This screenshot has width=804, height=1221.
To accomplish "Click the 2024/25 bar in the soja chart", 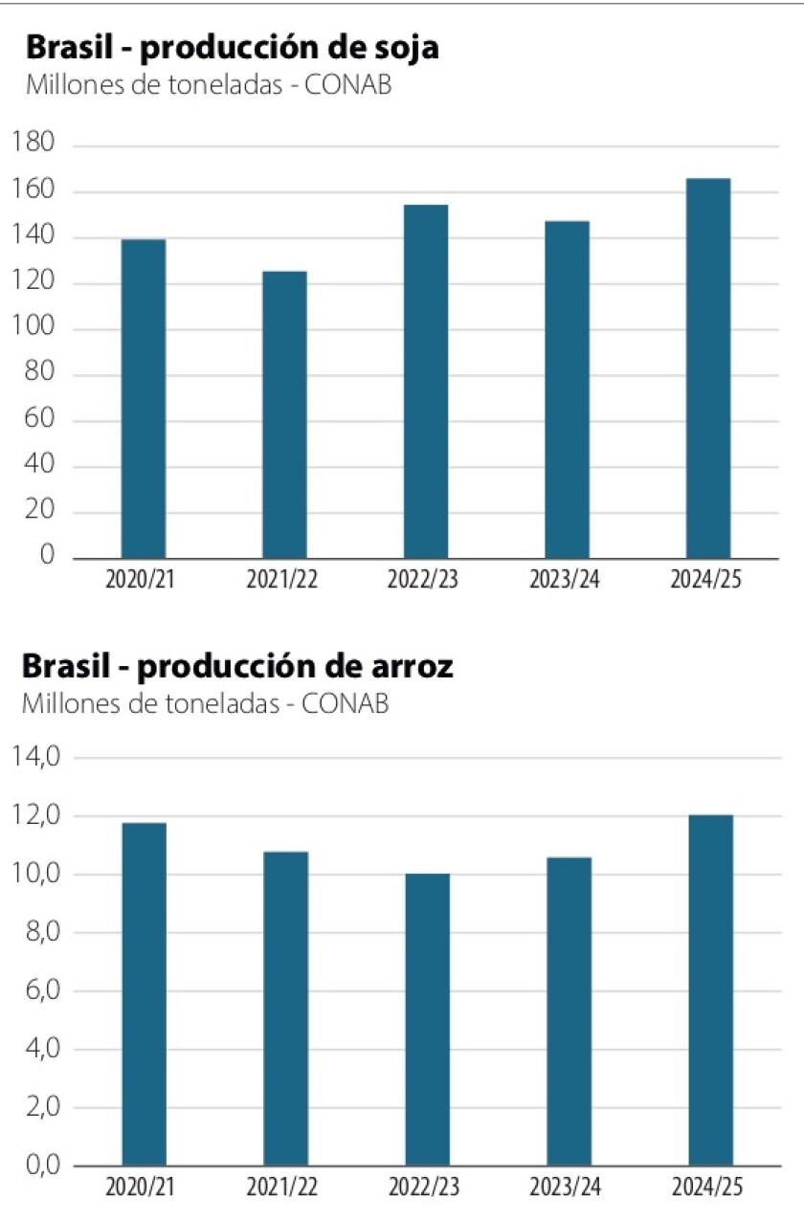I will pyautogui.click(x=708, y=368).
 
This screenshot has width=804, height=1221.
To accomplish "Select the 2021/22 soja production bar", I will pyautogui.click(x=284, y=414).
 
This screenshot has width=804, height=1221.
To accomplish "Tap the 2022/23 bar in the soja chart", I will pyautogui.click(x=425, y=381).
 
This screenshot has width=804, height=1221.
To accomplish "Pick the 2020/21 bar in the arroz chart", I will pyautogui.click(x=145, y=994).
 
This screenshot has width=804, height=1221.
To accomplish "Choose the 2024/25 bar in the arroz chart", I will pyautogui.click(x=710, y=990).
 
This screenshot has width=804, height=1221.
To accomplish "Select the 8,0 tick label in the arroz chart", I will pyautogui.click(x=38, y=933).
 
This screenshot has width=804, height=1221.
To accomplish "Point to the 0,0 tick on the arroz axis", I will pyautogui.click(x=38, y=1166).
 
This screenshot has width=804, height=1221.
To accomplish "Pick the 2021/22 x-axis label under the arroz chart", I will pyautogui.click(x=282, y=1188).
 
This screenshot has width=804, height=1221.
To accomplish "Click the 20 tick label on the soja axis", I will pyautogui.click(x=42, y=512).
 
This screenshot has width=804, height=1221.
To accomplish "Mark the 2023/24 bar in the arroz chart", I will pyautogui.click(x=569, y=1011).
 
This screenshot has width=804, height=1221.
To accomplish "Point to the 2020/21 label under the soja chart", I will pyautogui.click(x=142, y=581).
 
